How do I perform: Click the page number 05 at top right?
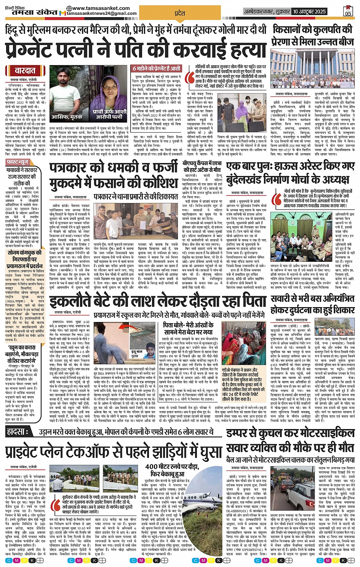click(x=347, y=13)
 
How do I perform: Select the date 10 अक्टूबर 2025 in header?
click(x=309, y=11)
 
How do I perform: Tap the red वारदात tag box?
click(x=25, y=71)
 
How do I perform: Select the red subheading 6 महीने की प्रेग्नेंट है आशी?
click(x=156, y=69)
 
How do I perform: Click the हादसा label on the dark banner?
click(x=18, y=432)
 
